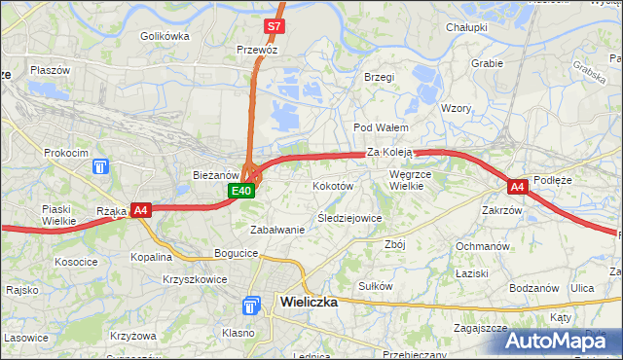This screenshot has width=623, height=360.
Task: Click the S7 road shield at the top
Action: (x=275, y=26)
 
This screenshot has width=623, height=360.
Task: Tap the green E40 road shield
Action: (x=242, y=192)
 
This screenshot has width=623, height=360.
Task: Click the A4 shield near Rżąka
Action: (x=140, y=209)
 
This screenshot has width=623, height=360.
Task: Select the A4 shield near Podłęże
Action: (x=517, y=186)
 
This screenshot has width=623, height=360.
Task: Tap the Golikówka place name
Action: (x=164, y=36)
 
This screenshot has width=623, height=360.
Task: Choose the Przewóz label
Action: (x=258, y=49)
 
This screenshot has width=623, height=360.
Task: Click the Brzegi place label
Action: (x=379, y=77)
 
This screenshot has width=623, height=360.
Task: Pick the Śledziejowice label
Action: (x=349, y=218)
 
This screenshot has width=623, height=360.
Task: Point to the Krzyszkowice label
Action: (x=196, y=278)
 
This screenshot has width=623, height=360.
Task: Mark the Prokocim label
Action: (x=65, y=153)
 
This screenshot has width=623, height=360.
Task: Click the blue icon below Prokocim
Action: (x=100, y=168)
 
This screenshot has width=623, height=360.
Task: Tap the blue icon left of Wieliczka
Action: (x=251, y=306)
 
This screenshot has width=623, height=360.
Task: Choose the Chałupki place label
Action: (x=466, y=27)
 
